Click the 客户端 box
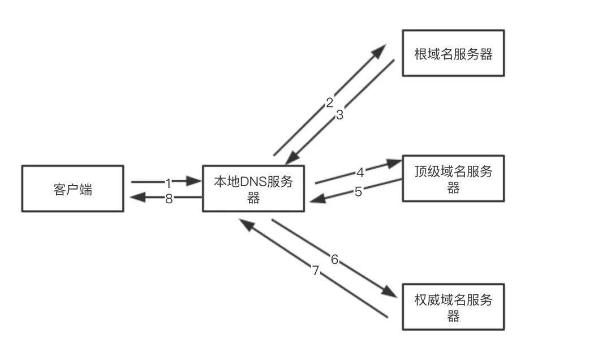72,188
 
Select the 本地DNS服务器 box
253,188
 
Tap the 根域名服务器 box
453,53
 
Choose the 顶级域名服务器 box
453,178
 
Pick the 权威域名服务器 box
453,307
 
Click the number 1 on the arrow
168,183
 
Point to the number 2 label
329,103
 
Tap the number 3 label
339,115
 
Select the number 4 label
360,172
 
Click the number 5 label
358,191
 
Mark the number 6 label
334,260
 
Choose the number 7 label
316,271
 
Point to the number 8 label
169,199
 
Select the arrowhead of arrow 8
136,198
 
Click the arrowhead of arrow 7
245,224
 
